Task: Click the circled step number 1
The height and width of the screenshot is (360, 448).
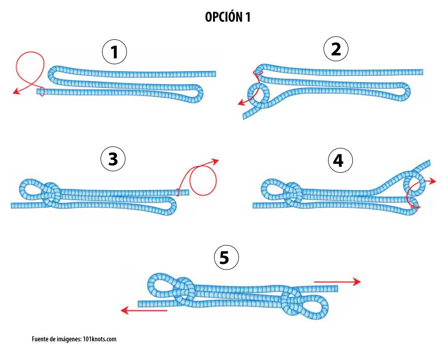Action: coord(114,52)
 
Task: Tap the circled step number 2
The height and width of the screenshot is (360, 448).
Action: coord(336,49)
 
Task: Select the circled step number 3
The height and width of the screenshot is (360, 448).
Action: coord(113,158)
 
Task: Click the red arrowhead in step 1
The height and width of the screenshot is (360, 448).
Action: coord(16,92)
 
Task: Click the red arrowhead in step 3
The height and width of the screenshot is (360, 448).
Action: coord(215,161)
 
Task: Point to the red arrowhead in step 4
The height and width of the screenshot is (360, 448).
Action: coord(433,181)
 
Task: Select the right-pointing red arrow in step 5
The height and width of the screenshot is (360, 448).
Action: coord(337,282)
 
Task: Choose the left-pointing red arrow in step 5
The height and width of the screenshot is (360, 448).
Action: coord(144,310)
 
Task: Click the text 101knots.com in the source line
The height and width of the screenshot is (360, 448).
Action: coord(100,339)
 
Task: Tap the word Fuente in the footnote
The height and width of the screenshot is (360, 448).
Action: coord(40,339)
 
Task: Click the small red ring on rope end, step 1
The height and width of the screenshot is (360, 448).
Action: coord(42,92)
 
